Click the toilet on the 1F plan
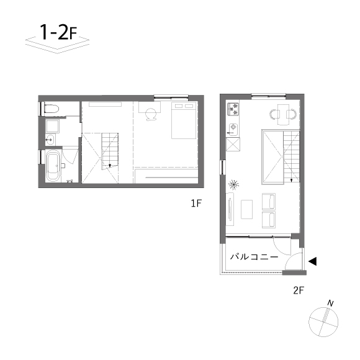click(52, 109)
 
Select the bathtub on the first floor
click(53, 166)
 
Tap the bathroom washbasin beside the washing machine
click(50, 140)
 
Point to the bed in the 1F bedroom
click(184, 120)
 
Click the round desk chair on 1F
click(151, 114)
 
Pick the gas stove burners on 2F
click(233, 109)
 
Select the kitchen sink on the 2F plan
click(233, 129)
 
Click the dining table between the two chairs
click(283, 114)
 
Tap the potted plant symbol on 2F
click(233, 184)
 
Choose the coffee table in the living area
click(246, 209)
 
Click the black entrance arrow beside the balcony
click(313, 261)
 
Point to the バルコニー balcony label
click(254, 257)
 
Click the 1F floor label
click(196, 203)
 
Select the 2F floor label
click(299, 290)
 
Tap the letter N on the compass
click(330, 304)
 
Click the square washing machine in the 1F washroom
click(53, 126)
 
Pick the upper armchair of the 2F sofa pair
click(269, 201)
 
